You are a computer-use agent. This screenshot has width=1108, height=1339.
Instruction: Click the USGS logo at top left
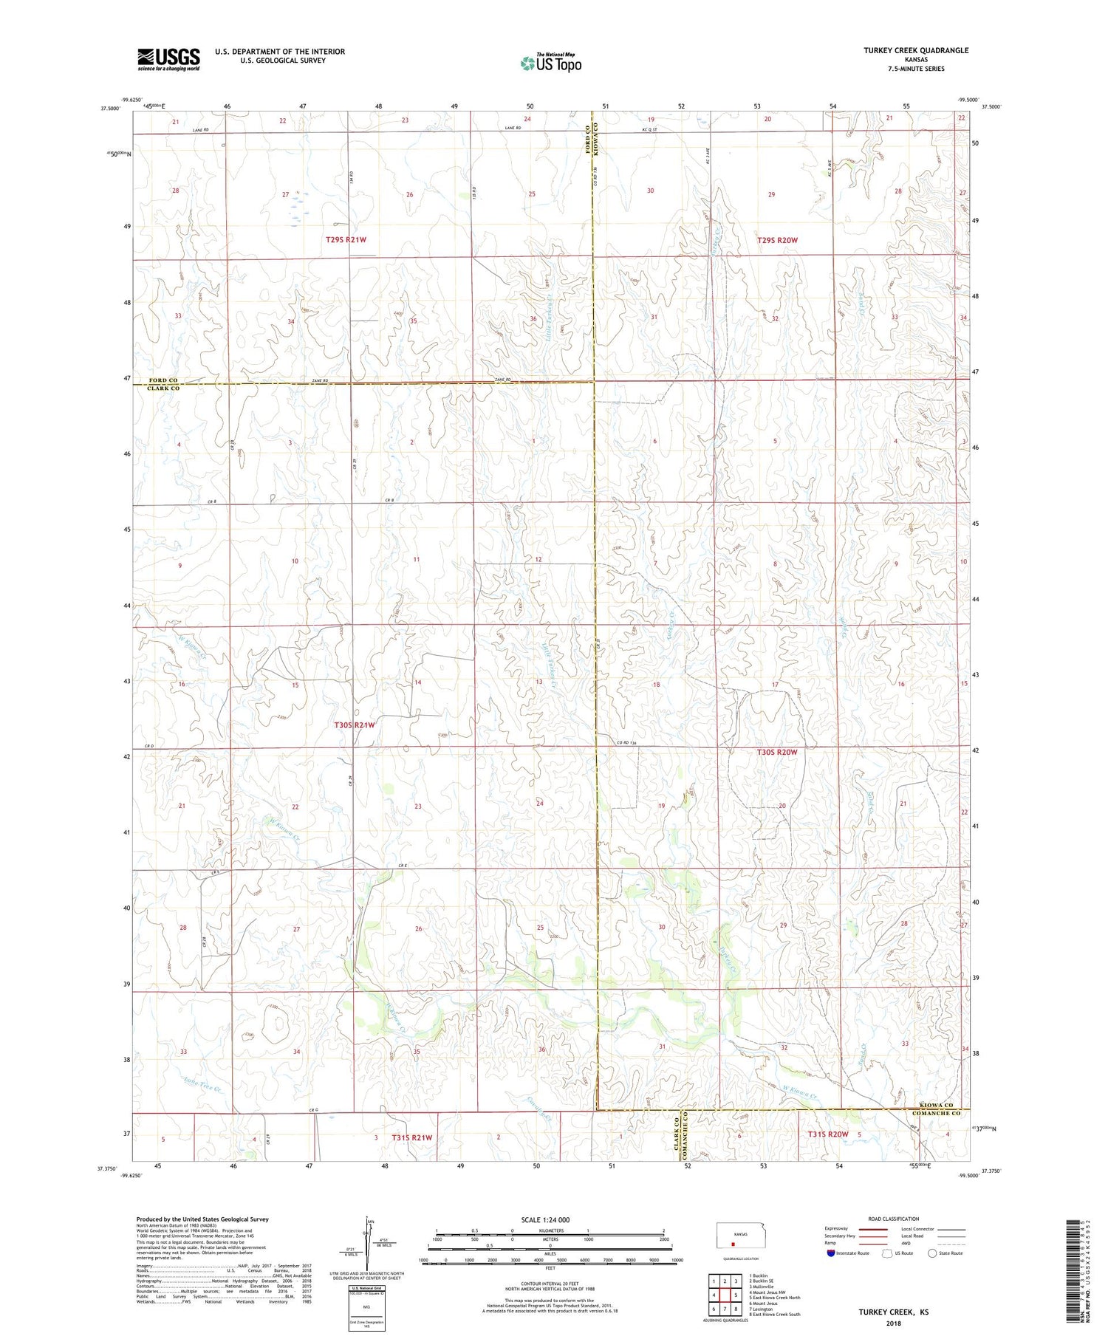[x=168, y=59]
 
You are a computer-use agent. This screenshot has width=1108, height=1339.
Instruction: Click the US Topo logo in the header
[x=550, y=63]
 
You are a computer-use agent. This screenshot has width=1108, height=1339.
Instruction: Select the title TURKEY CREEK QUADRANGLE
[x=916, y=50]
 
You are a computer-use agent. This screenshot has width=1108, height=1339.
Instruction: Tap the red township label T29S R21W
[x=346, y=240]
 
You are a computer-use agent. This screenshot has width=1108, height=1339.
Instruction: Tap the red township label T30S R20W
[x=777, y=752]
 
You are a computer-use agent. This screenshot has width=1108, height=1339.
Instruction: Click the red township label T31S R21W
[x=412, y=1137]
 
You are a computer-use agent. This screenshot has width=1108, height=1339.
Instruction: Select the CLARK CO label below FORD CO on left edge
[x=163, y=388]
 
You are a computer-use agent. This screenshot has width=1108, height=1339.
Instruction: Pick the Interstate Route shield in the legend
[x=831, y=1253]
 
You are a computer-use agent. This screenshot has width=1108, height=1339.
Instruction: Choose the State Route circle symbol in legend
[x=932, y=1253]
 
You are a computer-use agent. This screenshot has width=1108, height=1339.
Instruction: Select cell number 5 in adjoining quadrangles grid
[x=736, y=1295]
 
